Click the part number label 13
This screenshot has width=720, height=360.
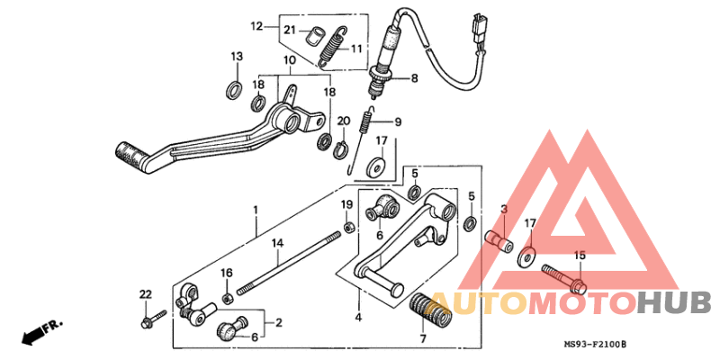tap(236, 57)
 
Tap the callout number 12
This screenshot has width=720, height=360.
tap(256, 25)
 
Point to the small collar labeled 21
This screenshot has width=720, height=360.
tap(313, 37)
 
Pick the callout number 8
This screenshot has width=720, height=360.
tap(414, 78)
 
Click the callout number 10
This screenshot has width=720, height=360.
tap(290, 60)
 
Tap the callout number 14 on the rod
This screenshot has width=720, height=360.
tap(278, 243)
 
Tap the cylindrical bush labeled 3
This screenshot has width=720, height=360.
tap(499, 242)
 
